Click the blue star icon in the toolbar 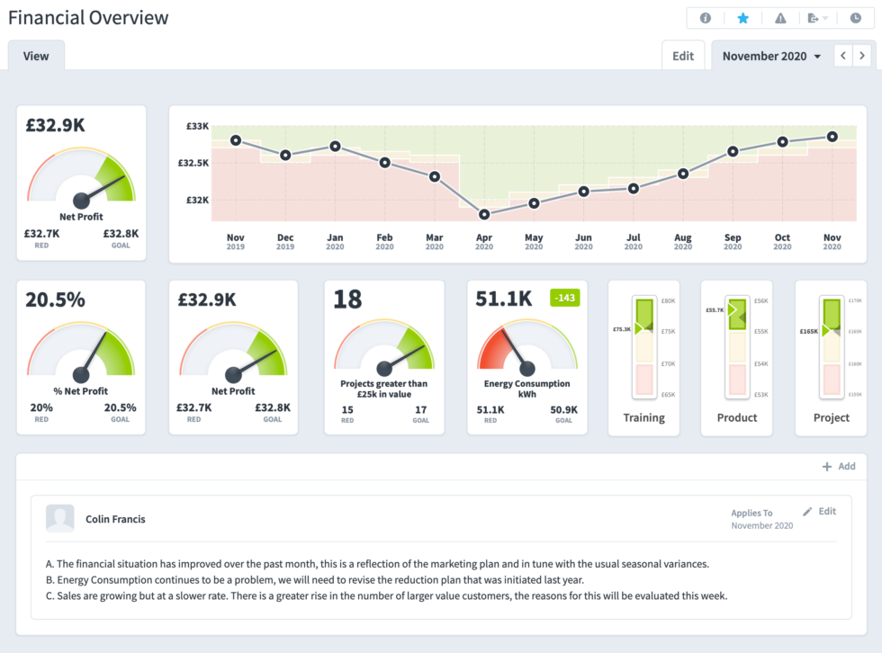click(742, 18)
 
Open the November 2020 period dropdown click(771, 56)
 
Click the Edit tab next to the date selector click(683, 56)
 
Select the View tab click(36, 56)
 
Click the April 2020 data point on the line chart click(484, 214)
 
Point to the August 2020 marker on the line click(683, 174)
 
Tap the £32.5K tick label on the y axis click(193, 164)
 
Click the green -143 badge click(565, 298)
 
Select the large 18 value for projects click(347, 300)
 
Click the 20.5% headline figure click(55, 300)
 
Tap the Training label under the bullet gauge click(644, 417)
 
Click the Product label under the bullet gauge click(737, 417)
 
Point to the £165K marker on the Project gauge click(810, 331)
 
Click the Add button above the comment click(839, 467)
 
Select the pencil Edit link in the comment click(820, 511)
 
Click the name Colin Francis click(115, 519)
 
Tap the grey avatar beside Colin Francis click(60, 518)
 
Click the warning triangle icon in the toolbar click(780, 18)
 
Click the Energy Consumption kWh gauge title click(527, 389)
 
